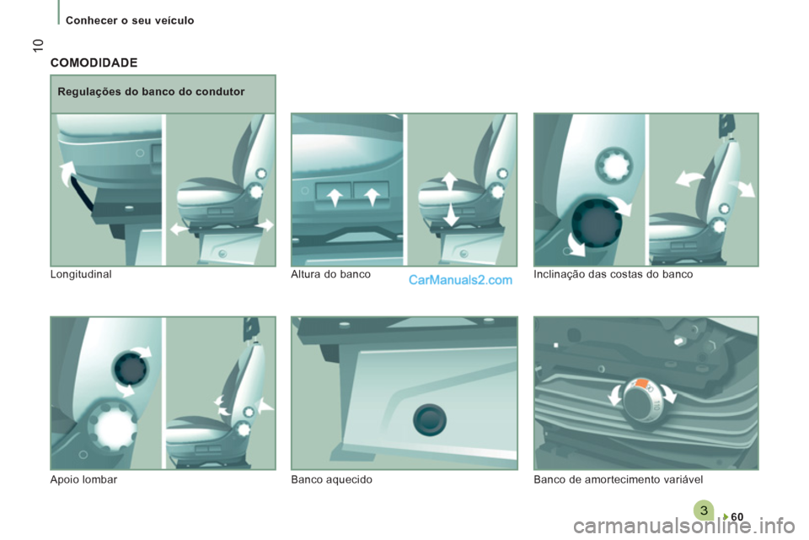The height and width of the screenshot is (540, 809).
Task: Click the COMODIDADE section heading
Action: click(x=94, y=63)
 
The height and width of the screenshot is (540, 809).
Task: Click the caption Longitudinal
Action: click(x=81, y=274)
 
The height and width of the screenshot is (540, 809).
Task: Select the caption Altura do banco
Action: click(x=330, y=274)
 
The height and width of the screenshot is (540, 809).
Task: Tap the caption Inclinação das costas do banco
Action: click(x=613, y=274)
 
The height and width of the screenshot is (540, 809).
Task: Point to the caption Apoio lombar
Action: click(x=83, y=479)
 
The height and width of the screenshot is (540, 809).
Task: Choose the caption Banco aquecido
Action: click(x=332, y=479)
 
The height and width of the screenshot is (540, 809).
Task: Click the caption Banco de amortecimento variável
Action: click(x=618, y=479)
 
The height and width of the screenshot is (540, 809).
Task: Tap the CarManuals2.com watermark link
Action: click(x=460, y=280)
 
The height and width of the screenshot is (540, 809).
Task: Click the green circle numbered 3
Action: click(x=704, y=510)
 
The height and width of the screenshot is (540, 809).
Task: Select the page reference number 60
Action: click(x=737, y=516)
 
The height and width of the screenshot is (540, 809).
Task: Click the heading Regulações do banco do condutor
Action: click(x=151, y=92)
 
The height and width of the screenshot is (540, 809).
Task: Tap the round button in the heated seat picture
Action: click(x=430, y=419)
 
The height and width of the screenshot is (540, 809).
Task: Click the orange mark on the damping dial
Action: click(x=641, y=383)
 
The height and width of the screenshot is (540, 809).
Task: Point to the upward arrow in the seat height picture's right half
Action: click(x=449, y=182)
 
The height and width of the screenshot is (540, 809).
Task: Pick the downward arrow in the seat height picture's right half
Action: click(x=451, y=214)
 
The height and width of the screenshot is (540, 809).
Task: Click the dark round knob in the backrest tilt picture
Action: click(x=597, y=223)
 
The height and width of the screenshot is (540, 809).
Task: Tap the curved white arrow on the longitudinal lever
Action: click(x=67, y=173)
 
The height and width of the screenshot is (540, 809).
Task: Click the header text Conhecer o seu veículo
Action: click(x=130, y=20)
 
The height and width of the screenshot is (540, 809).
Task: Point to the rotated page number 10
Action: click(x=38, y=46)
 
